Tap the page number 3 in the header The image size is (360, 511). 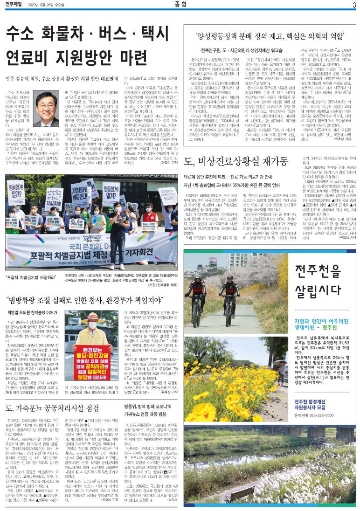tap(354, 5)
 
